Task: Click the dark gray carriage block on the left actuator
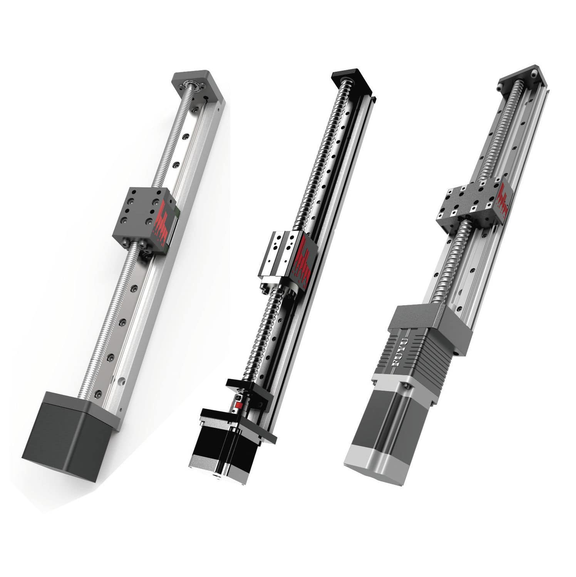pos(139,215)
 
